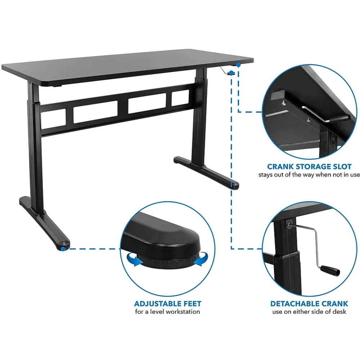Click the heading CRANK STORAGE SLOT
coord(309,167)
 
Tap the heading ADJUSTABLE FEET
coord(167,304)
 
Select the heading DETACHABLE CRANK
coord(309,304)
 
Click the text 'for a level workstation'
coord(167,312)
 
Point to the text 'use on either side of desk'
coord(309,312)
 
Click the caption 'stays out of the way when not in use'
coord(309,175)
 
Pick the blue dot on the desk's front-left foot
coord(63,248)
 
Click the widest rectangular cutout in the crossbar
coord(95,114)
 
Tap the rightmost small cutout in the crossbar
coord(180,98)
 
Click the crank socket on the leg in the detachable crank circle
coord(289,224)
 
